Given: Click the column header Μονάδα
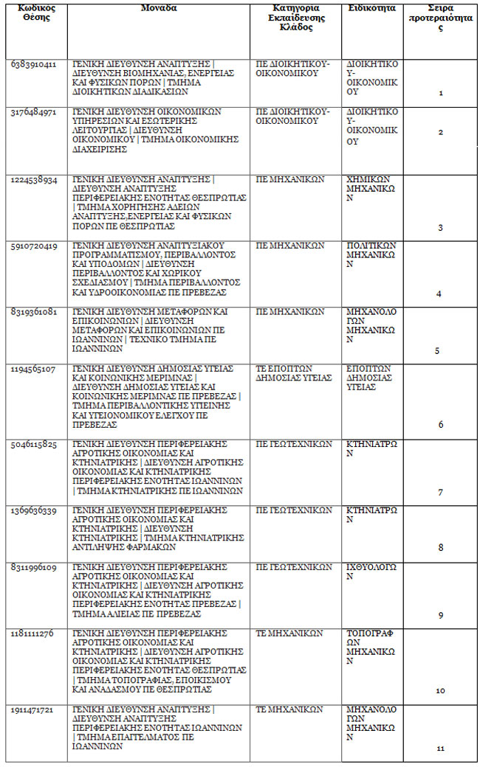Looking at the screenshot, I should [x=158, y=8].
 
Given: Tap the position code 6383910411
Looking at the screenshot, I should [x=33, y=64].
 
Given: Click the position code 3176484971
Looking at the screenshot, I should [x=33, y=112].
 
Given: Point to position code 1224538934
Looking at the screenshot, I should [x=33, y=180].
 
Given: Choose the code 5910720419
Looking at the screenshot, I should [x=33, y=246].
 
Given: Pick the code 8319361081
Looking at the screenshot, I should [x=33, y=312].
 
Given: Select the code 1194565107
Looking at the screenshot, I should [x=33, y=369].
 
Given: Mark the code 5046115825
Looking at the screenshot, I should [x=33, y=445].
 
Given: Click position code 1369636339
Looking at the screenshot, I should [x=33, y=510].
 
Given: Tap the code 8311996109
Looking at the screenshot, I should [x=33, y=568].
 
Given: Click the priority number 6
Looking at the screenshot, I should [x=441, y=425].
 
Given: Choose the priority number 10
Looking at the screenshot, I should [x=440, y=691].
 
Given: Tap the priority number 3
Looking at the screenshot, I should [x=440, y=228].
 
